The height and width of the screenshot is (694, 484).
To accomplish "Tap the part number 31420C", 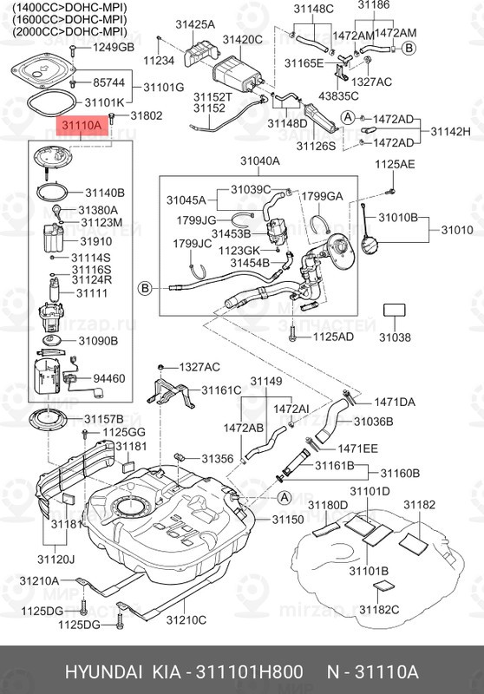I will (242, 40).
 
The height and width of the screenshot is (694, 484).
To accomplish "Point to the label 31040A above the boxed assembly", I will (260, 161).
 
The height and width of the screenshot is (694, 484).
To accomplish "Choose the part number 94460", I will (108, 378).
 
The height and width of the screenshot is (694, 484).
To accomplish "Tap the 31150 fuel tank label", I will (288, 520).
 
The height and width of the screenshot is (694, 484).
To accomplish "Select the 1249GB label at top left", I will (114, 47).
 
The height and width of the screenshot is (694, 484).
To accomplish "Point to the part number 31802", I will (146, 115).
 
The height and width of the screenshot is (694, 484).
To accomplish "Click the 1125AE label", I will (395, 164).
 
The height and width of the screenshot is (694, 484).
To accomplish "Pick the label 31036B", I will (373, 421).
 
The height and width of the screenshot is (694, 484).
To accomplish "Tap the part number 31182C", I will (382, 609).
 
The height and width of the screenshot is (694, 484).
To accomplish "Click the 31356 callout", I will (218, 458).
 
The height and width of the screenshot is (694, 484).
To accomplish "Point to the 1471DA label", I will (395, 402).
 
